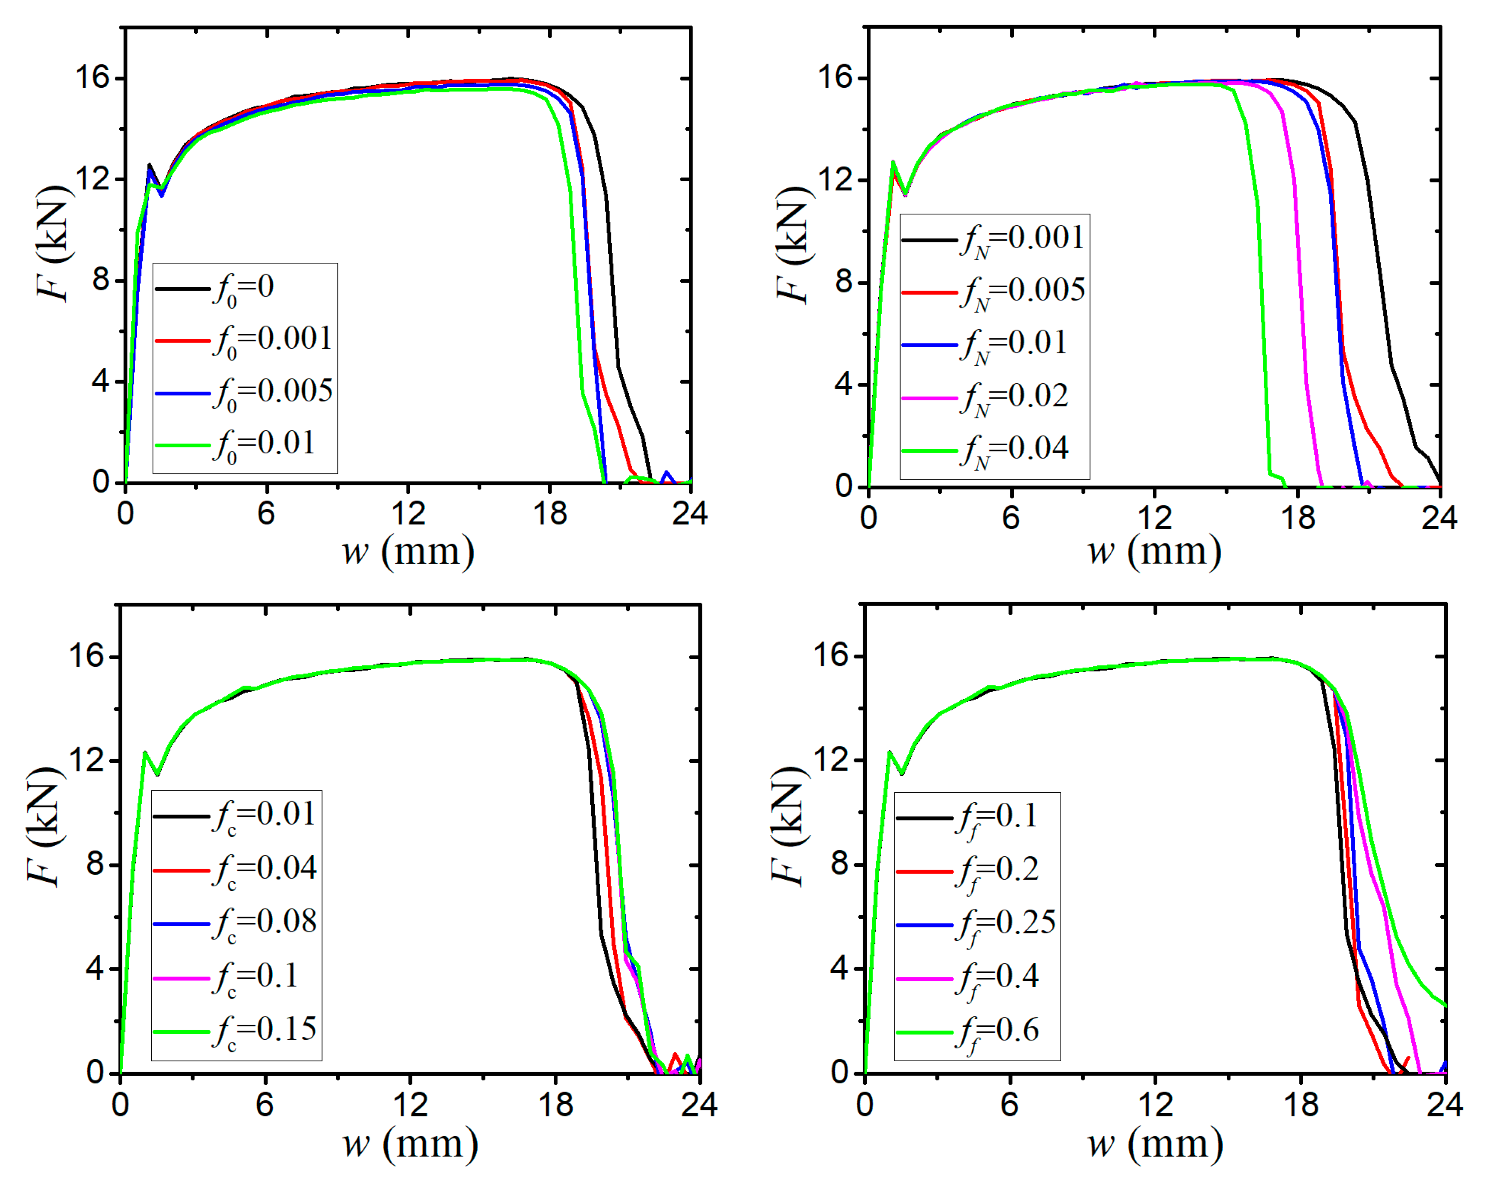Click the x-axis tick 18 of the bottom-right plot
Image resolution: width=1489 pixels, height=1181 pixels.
tap(1301, 1105)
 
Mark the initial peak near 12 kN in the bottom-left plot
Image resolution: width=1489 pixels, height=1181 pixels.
tap(144, 753)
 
